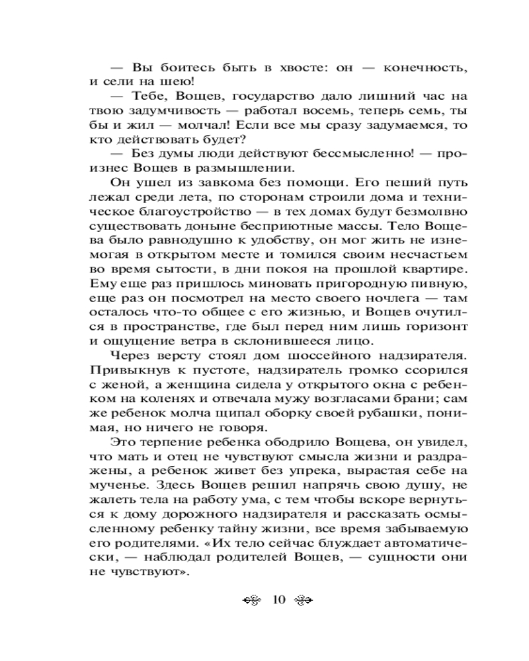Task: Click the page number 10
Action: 278,600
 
